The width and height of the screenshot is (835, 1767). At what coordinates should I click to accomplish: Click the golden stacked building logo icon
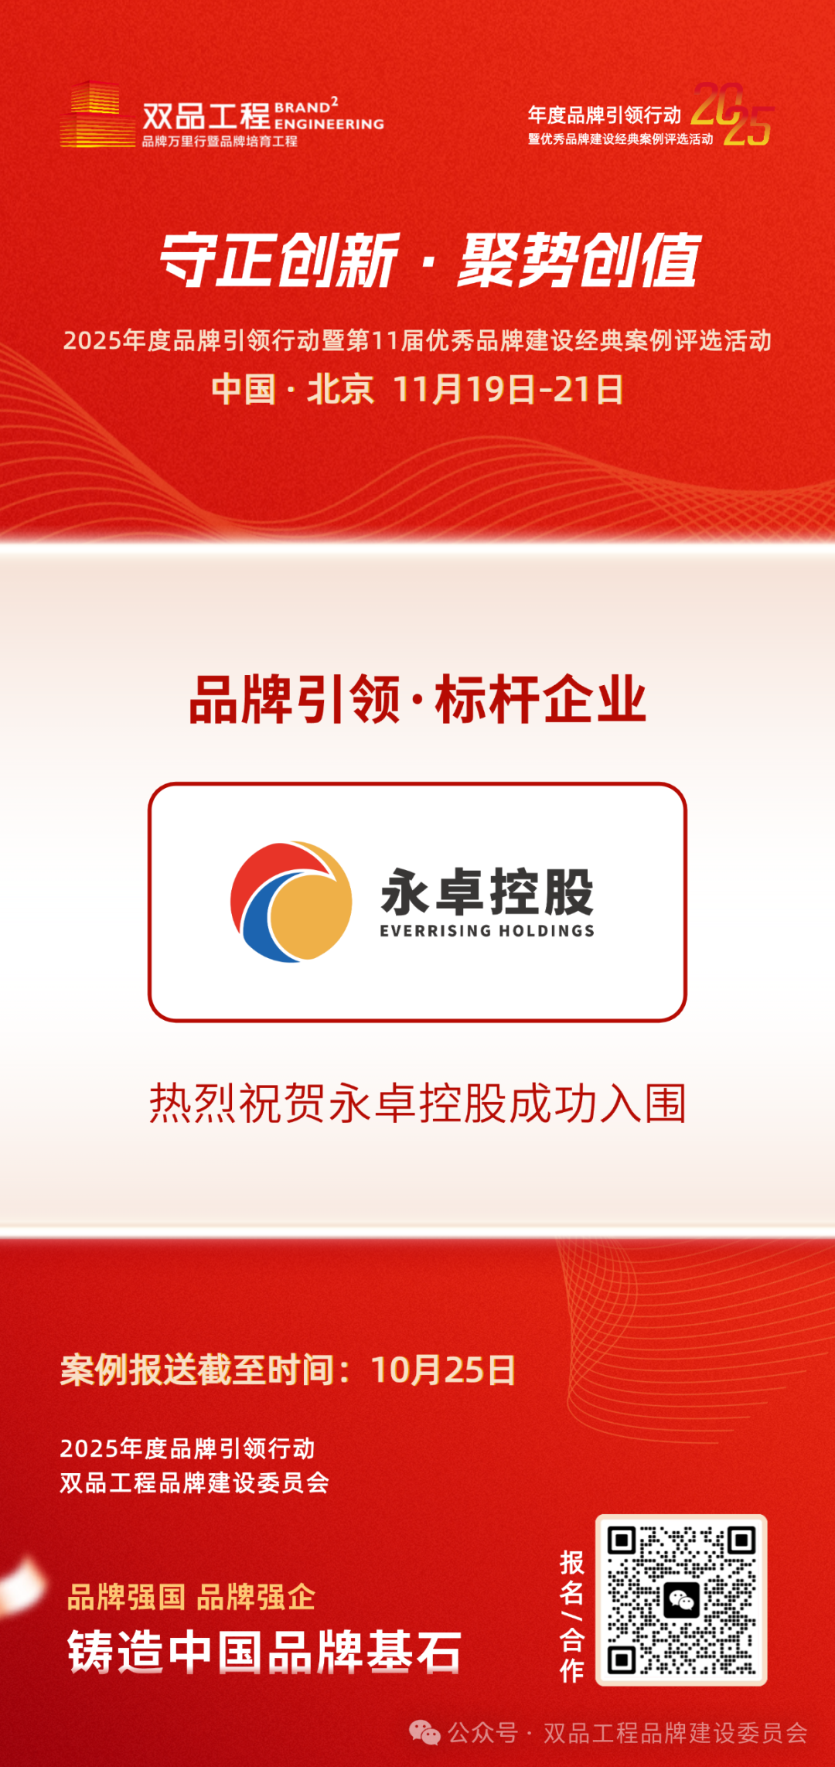97,114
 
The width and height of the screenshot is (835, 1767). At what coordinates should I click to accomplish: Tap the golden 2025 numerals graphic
732,114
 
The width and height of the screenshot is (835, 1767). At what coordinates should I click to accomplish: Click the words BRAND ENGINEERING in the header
329,114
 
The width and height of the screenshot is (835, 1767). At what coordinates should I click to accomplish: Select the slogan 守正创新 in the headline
279,260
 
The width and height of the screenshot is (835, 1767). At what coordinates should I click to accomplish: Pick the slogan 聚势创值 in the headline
580,260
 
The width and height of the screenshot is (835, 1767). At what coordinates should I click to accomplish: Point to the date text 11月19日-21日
508,389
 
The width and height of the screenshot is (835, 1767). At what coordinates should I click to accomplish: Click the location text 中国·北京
293,389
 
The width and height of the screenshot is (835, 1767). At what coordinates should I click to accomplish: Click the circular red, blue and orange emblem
291,902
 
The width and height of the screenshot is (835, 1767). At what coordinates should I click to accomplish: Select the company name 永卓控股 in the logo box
487,892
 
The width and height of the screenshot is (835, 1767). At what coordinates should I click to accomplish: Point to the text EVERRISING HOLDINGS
487,931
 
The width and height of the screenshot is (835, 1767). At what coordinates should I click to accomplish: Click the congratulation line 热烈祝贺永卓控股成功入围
417,1104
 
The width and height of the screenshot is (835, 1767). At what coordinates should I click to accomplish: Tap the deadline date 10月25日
443,1370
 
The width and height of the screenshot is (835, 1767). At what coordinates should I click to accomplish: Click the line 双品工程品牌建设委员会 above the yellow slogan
195,1483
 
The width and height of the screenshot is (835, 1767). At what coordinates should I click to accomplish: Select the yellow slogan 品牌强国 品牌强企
191,1598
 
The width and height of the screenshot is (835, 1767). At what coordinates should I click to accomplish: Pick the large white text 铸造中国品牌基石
264,1653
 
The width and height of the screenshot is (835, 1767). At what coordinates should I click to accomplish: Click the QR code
681,1600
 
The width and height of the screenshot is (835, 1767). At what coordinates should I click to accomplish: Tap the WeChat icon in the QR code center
681,1600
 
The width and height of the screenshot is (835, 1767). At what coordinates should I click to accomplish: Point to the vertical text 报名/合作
572,1615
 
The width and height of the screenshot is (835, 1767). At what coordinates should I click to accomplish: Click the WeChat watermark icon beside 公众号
424,1733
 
